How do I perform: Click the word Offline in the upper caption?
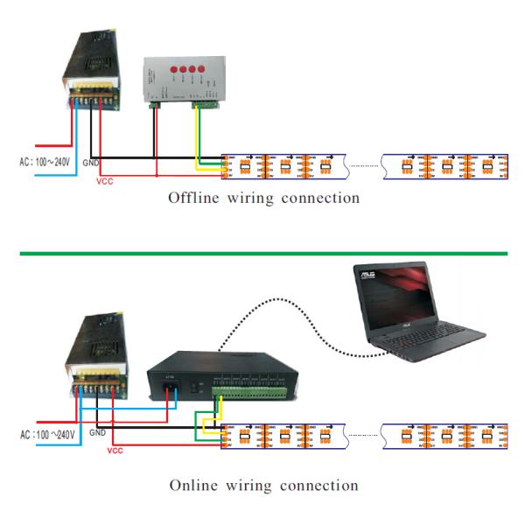click(x=193, y=198)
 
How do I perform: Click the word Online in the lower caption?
click(x=193, y=485)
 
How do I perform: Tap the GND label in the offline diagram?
click(x=91, y=164)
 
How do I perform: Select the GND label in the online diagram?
click(x=97, y=432)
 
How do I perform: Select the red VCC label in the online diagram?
click(x=114, y=451)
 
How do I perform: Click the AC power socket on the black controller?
click(x=170, y=386)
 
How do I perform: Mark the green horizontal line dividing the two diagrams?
click(x=262, y=253)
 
